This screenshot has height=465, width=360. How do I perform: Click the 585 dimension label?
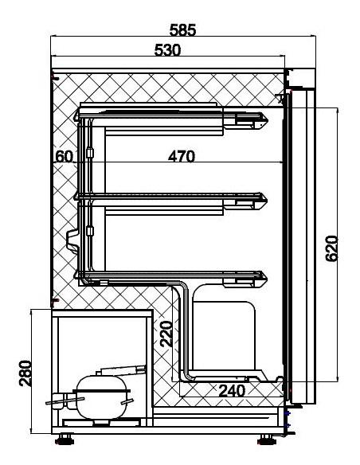point(182,30)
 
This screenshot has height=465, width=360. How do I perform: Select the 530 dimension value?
point(167,50)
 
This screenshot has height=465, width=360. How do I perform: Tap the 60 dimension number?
point(64,156)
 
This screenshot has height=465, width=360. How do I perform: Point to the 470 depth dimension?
point(182,156)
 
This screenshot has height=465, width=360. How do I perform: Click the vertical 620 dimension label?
point(331,248)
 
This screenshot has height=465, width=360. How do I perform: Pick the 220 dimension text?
point(166,334)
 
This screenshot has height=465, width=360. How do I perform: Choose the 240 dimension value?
point(232,391)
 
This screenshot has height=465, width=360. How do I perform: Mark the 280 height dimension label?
point(25,373)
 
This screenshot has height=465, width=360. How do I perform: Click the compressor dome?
point(102,397)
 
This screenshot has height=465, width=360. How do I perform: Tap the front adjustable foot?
point(268,440)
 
